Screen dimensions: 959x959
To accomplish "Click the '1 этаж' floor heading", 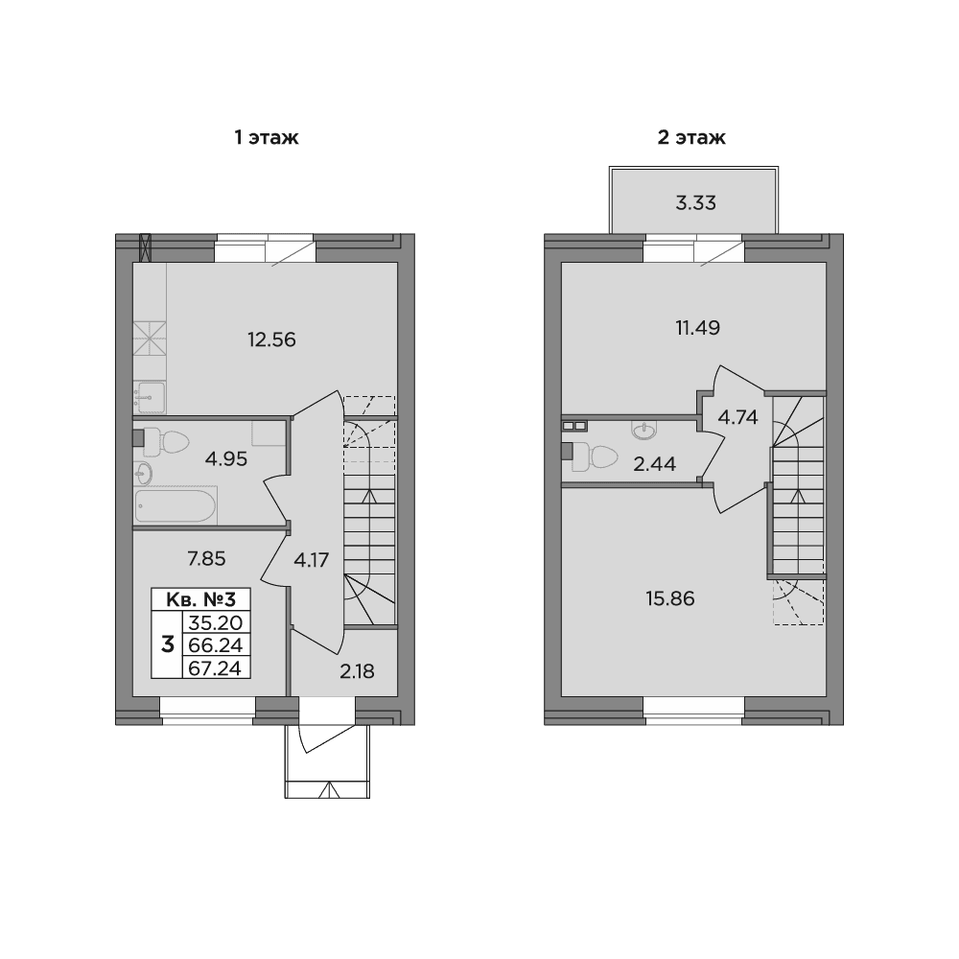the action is [267, 137].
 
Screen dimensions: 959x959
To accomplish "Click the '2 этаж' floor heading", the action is [691, 137].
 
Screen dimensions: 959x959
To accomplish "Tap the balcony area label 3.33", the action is [696, 203].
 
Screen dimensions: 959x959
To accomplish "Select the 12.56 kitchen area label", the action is [271, 339].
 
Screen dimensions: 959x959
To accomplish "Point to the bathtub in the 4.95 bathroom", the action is [175, 505].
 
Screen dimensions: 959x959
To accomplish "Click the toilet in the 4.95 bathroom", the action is [166, 442].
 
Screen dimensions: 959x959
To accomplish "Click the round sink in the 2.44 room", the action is [644, 431].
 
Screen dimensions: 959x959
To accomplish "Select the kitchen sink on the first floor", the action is [150, 398].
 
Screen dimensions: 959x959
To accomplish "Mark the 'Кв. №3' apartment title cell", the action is [200, 598].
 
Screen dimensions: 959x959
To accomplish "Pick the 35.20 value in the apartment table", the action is [216, 622].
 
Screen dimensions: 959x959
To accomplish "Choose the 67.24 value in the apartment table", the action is [216, 668].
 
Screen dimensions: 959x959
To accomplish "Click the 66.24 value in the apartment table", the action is [216, 645].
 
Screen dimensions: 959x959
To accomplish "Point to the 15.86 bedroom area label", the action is [670, 598].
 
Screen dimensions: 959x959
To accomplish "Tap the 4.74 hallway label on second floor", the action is [737, 418].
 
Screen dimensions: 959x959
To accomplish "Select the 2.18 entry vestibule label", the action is [357, 672].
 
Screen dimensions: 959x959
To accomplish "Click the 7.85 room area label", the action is [207, 559].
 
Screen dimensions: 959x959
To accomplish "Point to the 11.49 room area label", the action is [698, 328].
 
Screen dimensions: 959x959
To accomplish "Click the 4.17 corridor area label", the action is [312, 560].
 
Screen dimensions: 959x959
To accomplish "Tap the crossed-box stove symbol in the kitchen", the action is [150, 338].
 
